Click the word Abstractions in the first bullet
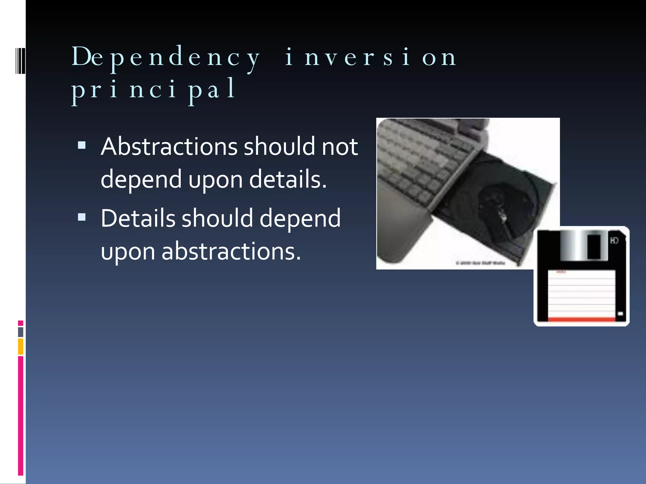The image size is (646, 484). tap(169, 147)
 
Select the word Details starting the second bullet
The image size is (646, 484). tap(138, 218)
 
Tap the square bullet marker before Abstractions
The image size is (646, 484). tap(82, 145)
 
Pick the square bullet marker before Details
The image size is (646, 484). tap(82, 217)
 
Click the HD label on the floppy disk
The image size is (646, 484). tap(614, 241)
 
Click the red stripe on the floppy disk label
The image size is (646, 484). tap(581, 320)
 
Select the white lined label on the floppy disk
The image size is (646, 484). tap(581, 293)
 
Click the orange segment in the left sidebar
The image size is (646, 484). tap(21, 346)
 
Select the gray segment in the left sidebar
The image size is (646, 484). tap(21, 332)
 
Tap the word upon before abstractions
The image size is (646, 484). tap(128, 251)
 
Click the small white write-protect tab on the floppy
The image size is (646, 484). tap(620, 314)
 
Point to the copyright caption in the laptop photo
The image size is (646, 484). tap(480, 263)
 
